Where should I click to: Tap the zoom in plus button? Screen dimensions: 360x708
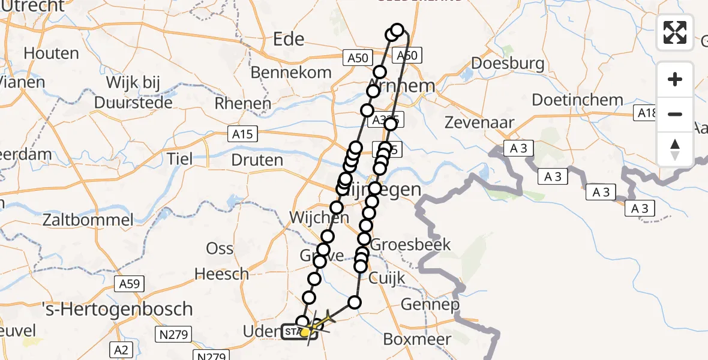pos(675,79)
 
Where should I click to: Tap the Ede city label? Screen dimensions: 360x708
pos(289,39)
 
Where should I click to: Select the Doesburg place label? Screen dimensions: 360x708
pos(508,63)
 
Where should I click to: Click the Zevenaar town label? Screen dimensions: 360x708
pos(479,122)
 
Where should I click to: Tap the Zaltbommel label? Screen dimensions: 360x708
pos(88,220)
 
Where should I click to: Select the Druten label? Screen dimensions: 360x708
pos(257,160)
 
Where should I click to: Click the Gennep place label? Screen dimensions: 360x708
pos(431,304)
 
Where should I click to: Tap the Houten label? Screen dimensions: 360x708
pos(51,53)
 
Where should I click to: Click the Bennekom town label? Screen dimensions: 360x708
pos(290,73)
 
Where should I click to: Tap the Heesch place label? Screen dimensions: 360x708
pos(222,274)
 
